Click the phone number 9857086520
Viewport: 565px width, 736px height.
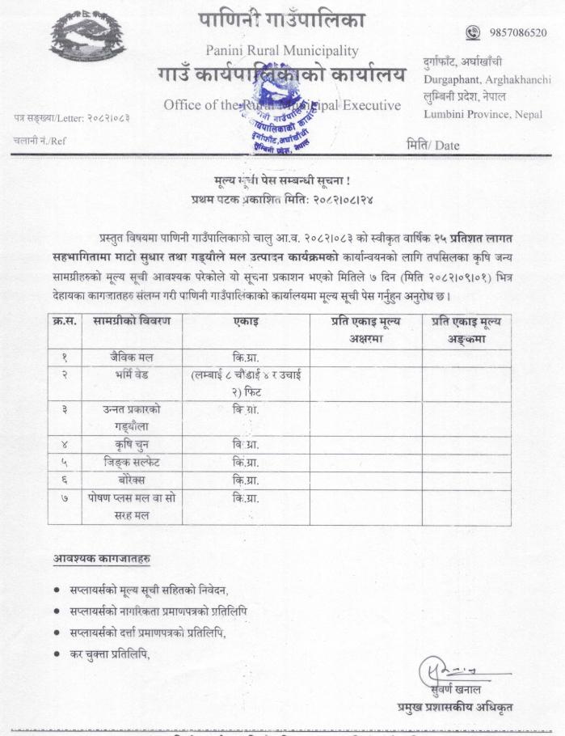(x=517, y=32)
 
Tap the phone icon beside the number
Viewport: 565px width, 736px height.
(x=474, y=32)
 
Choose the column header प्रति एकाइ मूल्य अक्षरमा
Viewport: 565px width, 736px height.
(x=365, y=329)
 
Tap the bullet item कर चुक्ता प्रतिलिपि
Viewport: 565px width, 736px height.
(x=111, y=653)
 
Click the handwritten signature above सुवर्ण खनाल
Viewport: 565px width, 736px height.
(x=445, y=670)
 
